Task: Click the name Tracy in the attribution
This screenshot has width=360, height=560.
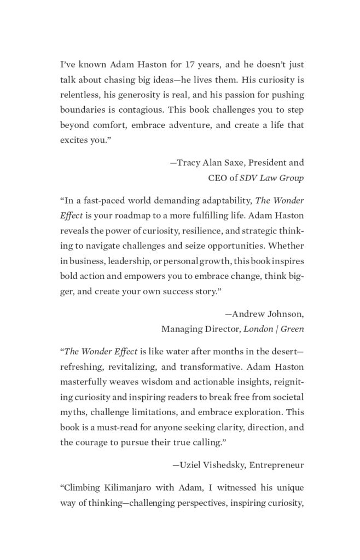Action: click(189, 163)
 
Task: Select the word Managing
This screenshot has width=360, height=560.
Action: click(181, 329)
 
